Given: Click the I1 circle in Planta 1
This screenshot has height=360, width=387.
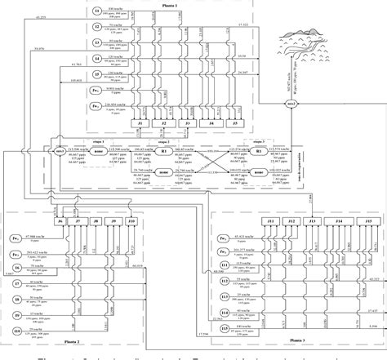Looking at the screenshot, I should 97,12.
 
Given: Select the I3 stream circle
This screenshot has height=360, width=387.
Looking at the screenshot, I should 97,43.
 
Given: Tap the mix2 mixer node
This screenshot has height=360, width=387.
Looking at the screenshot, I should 288,106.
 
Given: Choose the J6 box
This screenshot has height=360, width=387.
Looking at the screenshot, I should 60,221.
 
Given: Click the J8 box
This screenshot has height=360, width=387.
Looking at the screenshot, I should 96,221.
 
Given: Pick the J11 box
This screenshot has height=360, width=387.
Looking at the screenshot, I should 270,222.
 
